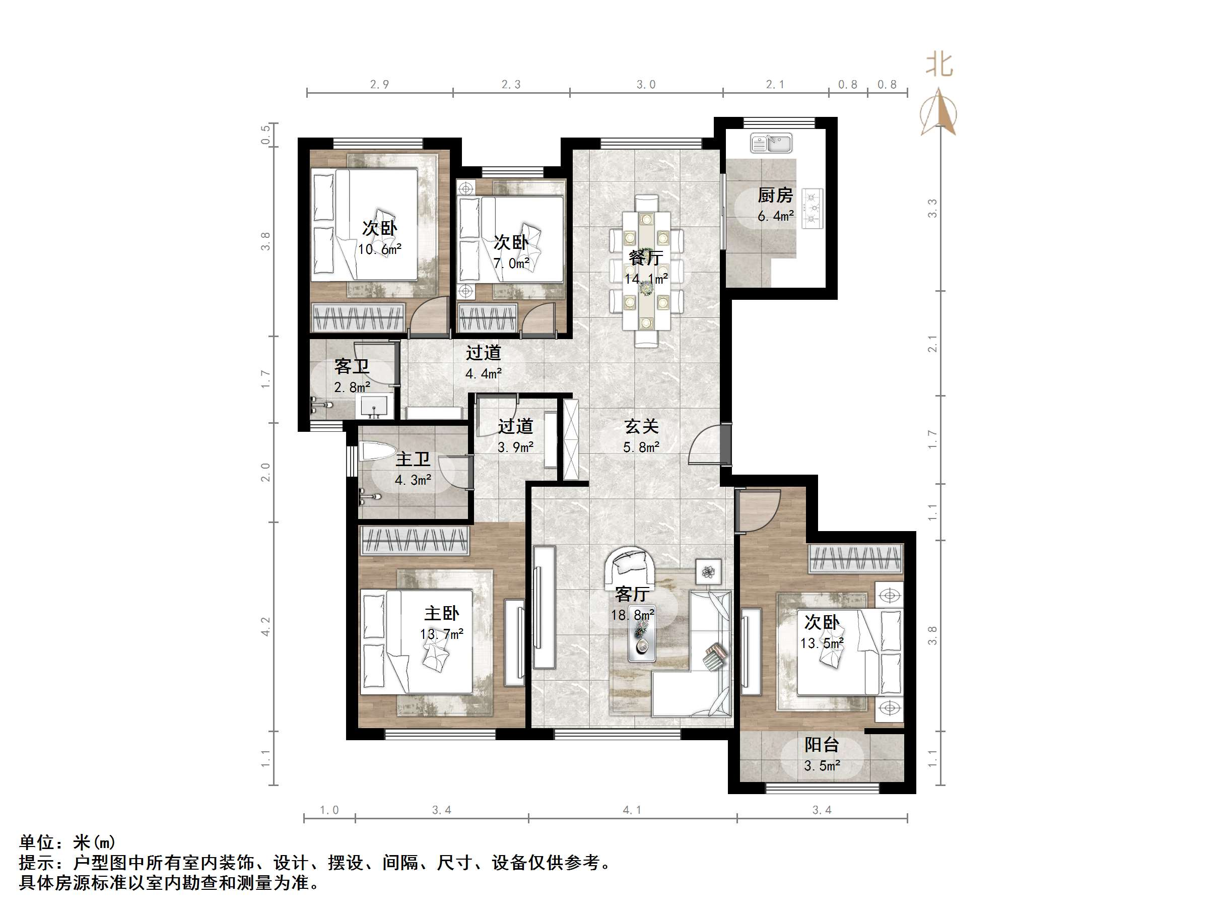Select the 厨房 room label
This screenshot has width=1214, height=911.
(775, 195)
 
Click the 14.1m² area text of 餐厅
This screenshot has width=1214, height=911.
(646, 279)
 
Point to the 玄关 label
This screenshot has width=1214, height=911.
(641, 427)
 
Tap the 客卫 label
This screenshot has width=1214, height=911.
(352, 366)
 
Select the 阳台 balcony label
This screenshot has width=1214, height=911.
(822, 745)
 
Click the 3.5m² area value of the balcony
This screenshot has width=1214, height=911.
(822, 765)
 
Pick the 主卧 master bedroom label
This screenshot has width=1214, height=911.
(442, 613)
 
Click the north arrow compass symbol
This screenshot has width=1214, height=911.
(939, 111)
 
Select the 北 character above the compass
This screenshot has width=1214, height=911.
(939, 65)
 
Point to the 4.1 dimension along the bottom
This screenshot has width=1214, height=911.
(632, 810)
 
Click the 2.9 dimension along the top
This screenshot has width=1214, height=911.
(379, 85)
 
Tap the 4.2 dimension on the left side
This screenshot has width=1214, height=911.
(265, 626)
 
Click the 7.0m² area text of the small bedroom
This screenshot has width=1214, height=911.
(511, 264)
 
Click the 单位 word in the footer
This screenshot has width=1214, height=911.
(37, 842)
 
